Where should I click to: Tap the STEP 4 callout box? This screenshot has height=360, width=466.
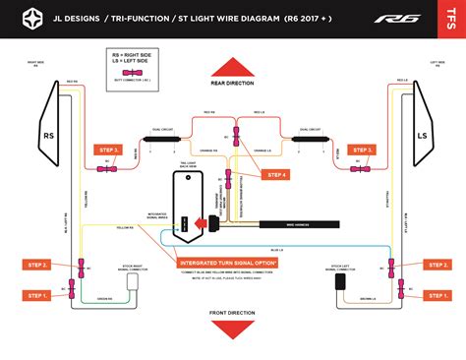pos(277,175)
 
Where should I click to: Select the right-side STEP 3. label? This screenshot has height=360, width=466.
pos(361,150)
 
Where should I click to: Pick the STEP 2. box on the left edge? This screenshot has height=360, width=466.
pos(37,265)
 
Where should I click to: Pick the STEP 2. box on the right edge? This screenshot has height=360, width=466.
pos(437,265)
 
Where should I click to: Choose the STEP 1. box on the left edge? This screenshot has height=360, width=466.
pos(37,295)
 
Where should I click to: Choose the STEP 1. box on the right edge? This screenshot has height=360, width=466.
pos(437,295)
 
